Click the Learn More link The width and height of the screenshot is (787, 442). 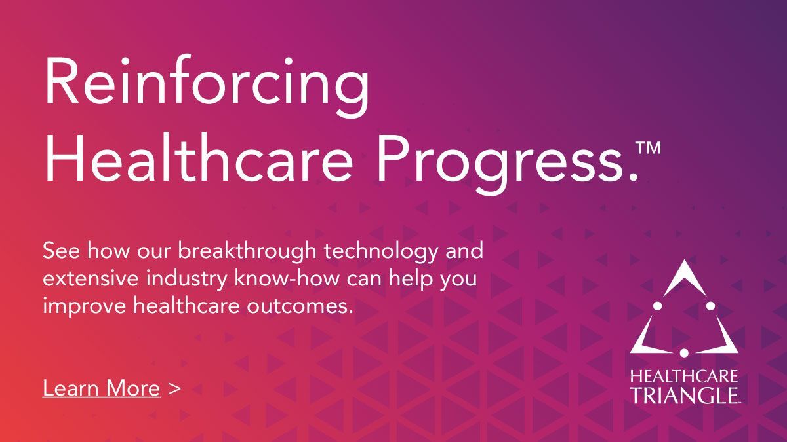click(101, 388)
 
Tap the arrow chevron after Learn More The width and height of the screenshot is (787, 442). click(174, 388)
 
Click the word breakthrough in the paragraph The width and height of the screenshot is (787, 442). click(247, 251)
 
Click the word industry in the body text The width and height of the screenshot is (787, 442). click(186, 279)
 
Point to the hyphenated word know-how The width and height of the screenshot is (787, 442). click(287, 278)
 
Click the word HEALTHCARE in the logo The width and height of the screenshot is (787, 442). click(683, 377)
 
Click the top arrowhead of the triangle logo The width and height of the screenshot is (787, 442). click(684, 277)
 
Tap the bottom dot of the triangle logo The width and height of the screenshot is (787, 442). click(684, 352)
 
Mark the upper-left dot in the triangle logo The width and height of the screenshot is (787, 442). click(658, 306)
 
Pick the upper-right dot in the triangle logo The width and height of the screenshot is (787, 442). click(710, 306)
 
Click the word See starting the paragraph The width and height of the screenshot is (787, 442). click(61, 251)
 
